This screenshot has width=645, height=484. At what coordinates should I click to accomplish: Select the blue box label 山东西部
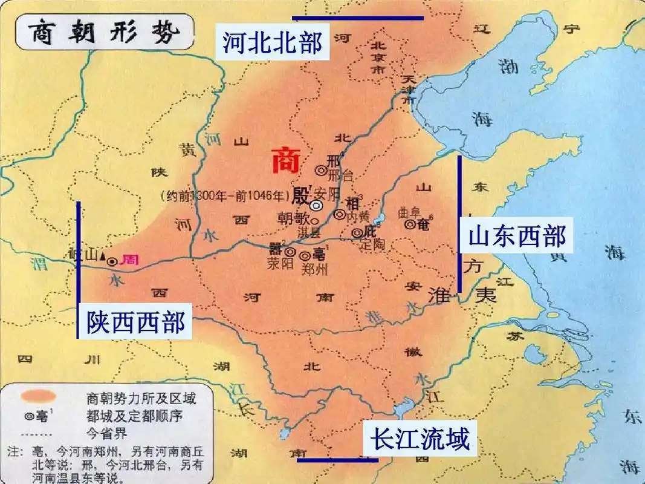pyautogui.click(x=517, y=236)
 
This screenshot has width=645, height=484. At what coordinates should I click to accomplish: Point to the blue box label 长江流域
pyautogui.click(x=420, y=438)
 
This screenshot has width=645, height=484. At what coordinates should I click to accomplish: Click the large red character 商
pyautogui.click(x=285, y=161)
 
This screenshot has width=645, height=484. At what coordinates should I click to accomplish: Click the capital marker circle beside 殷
pyautogui.click(x=317, y=206)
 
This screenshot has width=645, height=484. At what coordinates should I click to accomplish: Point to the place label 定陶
pyautogui.click(x=372, y=246)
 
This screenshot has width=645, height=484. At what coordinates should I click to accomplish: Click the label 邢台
pyautogui.click(x=341, y=176)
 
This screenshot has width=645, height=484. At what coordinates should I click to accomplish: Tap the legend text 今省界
pyautogui.click(x=108, y=433)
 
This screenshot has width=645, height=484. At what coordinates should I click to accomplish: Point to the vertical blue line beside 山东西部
pyautogui.click(x=459, y=224)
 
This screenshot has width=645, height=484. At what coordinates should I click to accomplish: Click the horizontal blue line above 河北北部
pyautogui.click(x=358, y=18)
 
